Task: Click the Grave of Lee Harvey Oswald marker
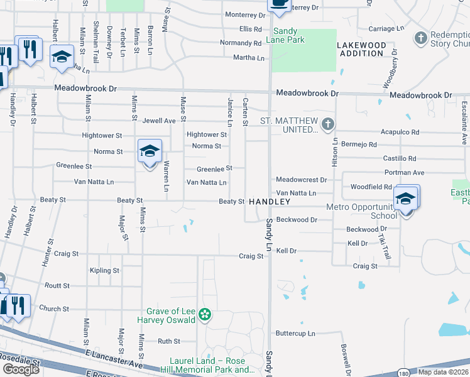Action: tap(204, 314)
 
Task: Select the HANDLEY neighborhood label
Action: tap(270, 202)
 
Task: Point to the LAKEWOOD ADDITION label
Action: tap(361, 50)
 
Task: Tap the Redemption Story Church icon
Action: tap(421, 38)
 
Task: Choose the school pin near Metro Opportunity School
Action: tap(406, 200)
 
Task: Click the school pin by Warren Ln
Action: tap(150, 152)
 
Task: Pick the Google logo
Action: tap(21, 369)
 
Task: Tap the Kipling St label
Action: tap(104, 271)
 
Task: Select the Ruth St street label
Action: tap(168, 341)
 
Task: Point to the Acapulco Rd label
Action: tap(400, 133)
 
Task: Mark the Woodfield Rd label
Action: tap(371, 187)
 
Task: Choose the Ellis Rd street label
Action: tap(250, 29)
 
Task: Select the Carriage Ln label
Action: tap(381, 29)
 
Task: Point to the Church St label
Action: tap(54, 309)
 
